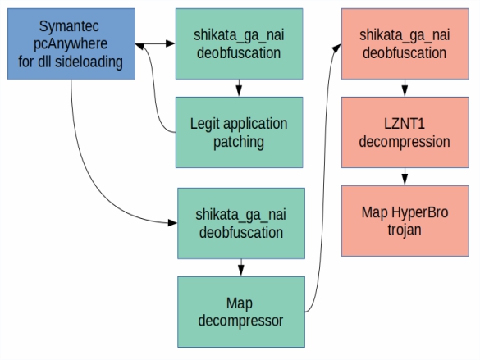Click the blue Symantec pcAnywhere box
(71, 44)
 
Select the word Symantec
(69, 26)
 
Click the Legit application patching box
(239, 133)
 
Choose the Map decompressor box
(241, 312)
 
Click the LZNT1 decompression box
(405, 133)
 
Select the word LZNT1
(405, 124)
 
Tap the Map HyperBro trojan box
(405, 221)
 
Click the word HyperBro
(420, 212)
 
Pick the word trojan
(405, 230)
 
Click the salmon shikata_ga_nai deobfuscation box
(405, 44)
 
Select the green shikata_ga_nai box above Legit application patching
(239, 44)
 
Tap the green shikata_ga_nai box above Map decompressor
(241, 224)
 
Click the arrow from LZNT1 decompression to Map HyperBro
(405, 176)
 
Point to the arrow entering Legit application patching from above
(239, 88)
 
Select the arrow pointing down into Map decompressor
(241, 267)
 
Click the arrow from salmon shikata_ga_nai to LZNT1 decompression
(405, 88)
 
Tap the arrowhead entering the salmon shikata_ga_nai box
(336, 48)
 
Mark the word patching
(239, 142)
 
